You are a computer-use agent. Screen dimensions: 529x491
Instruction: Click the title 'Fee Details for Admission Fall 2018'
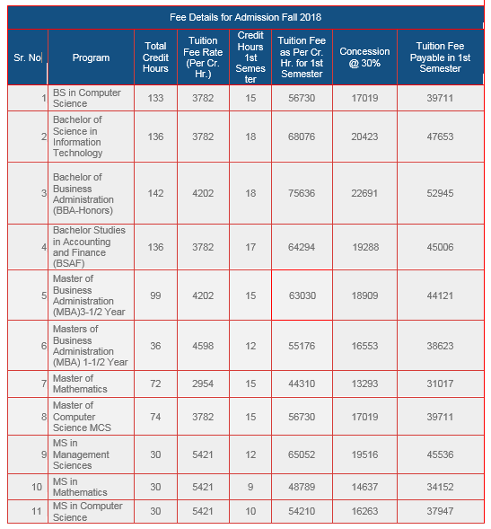click(x=245, y=17)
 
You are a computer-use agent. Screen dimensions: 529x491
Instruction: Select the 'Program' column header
click(x=91, y=57)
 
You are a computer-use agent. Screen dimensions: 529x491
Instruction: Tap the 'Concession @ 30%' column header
click(x=364, y=57)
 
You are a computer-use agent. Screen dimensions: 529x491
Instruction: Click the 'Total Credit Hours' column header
click(x=155, y=57)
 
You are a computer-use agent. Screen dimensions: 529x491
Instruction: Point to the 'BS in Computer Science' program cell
click(x=86, y=98)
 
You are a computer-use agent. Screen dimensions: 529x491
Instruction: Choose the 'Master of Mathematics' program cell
click(x=80, y=384)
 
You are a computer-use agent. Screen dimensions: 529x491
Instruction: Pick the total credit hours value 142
click(x=155, y=193)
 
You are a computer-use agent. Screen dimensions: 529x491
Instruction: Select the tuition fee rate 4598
click(x=203, y=345)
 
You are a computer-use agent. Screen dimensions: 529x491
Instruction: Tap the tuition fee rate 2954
click(x=203, y=384)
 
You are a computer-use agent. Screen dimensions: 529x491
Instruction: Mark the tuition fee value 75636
click(x=302, y=193)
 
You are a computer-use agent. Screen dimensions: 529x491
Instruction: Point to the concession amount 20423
click(x=364, y=137)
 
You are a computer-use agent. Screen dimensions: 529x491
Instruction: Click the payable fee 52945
click(x=440, y=193)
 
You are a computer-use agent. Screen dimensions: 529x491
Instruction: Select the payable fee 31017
click(x=440, y=384)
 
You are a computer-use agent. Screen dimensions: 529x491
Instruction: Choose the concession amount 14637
click(x=364, y=487)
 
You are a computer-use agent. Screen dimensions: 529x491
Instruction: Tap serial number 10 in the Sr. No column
click(x=37, y=487)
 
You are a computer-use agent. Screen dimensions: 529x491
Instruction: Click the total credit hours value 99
click(x=155, y=295)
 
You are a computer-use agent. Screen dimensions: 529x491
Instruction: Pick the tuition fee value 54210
click(x=302, y=512)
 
